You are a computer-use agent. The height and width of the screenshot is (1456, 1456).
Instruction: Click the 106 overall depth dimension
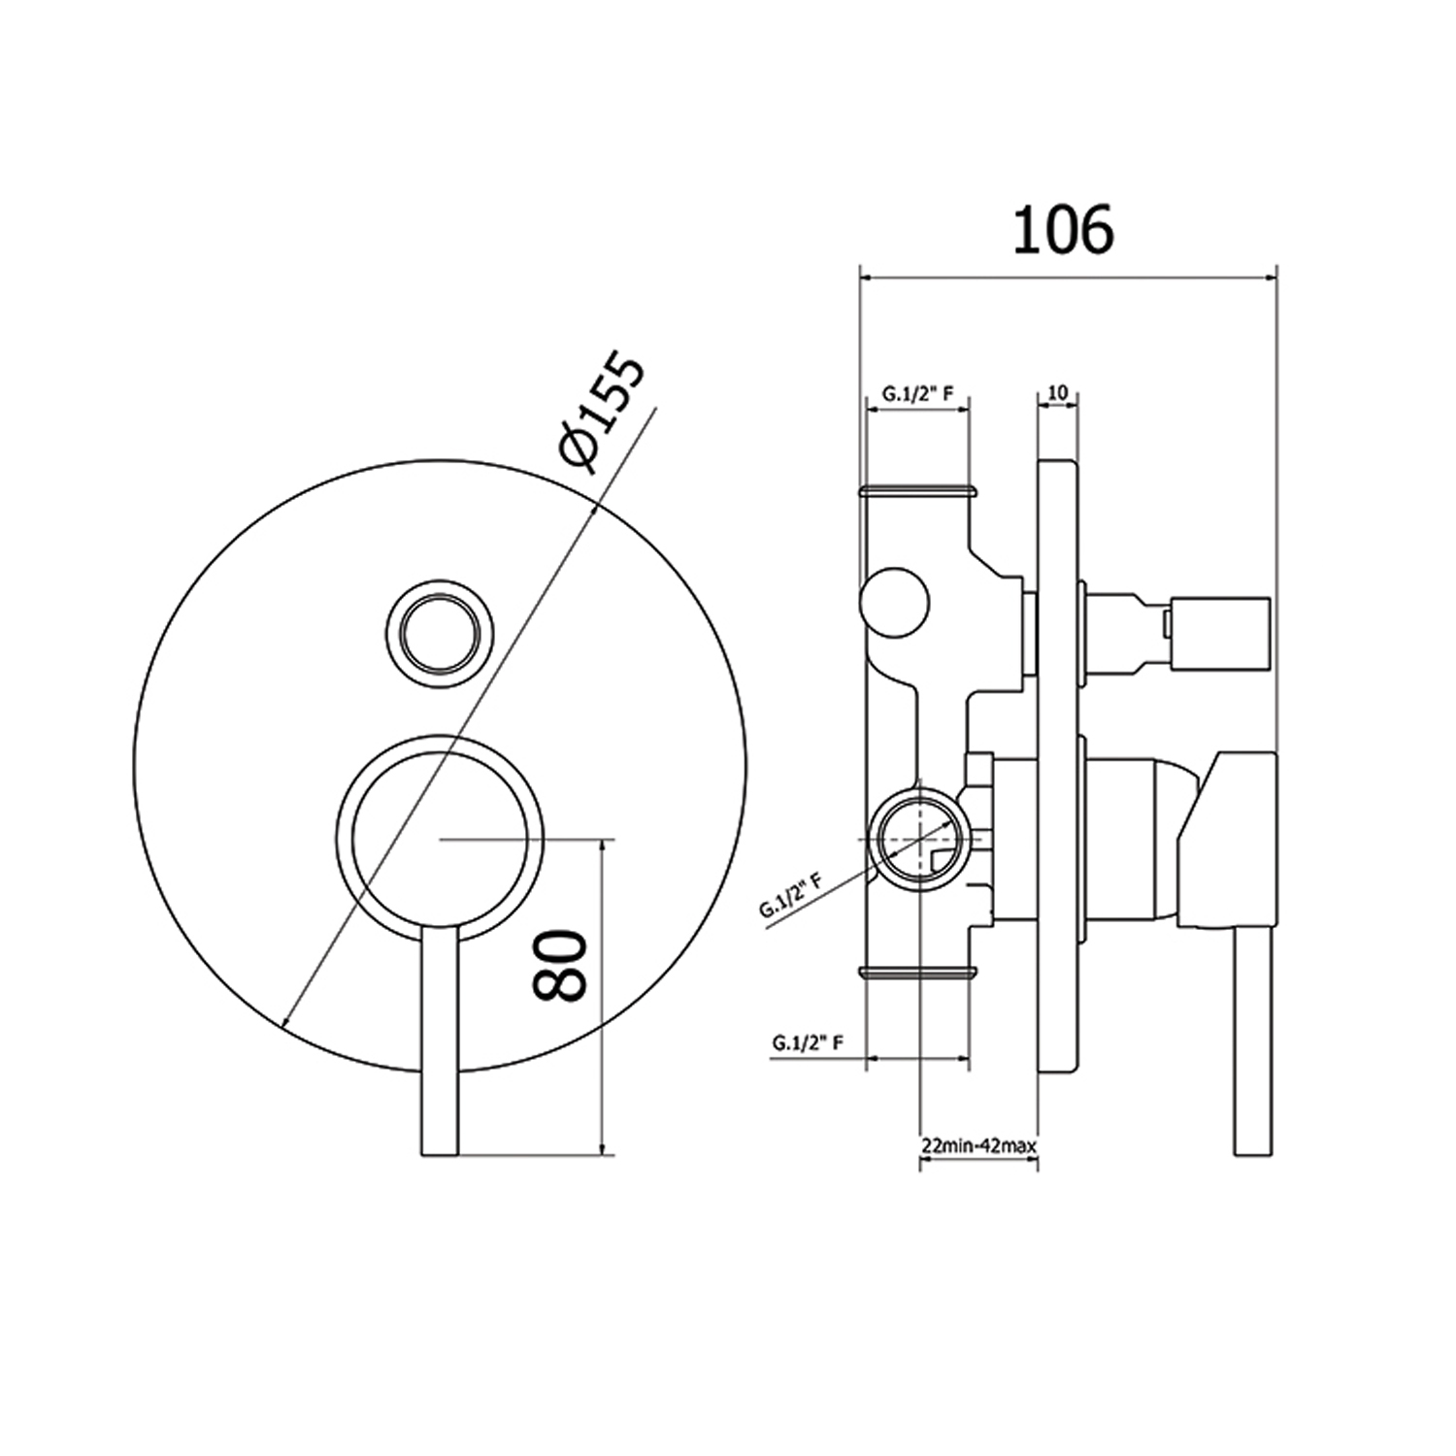pos(1063,232)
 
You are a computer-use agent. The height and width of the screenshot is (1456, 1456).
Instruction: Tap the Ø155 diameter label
pos(602,414)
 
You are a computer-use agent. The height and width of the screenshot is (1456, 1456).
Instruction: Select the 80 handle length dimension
pos(561,965)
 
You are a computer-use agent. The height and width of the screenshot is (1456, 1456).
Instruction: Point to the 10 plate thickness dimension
pos(1058,392)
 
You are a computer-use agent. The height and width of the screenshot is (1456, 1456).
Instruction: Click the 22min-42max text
pos(978,1145)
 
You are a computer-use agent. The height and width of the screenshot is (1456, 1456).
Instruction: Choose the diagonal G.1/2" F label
pos(791,895)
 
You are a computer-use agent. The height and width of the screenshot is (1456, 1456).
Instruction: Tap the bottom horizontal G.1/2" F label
pos(807,1042)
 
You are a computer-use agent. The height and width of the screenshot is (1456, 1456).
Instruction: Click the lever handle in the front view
pos(439,1048)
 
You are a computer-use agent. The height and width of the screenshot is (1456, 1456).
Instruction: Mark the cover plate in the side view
pos(1057,767)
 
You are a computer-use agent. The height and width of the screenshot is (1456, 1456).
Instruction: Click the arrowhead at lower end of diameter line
pos(283,1022)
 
